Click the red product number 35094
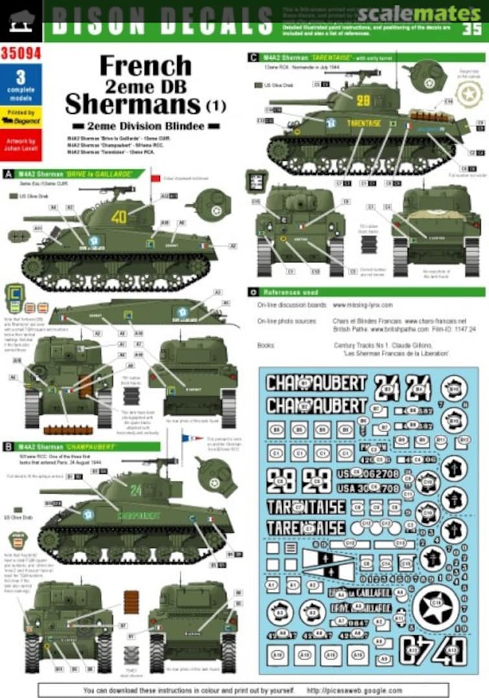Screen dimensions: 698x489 pyautogui.click(x=21, y=54)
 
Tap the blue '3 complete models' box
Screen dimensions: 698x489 pyautogui.click(x=21, y=84)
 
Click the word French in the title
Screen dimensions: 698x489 pyautogui.click(x=145, y=65)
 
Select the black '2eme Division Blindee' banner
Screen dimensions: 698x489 pyautogui.click(x=146, y=125)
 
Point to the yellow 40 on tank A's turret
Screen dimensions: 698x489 pyautogui.click(x=119, y=217)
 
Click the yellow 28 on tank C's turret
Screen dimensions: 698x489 pyautogui.click(x=364, y=100)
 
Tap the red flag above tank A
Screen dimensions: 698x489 pyautogui.click(x=155, y=178)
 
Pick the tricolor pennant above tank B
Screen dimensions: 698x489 pyautogui.click(x=191, y=439)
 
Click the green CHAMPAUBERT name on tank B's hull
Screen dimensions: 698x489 pyautogui.click(x=138, y=516)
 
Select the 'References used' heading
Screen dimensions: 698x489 pyautogui.click(x=291, y=293)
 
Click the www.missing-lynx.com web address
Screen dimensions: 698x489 pyautogui.click(x=363, y=305)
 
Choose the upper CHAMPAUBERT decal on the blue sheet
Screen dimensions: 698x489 pyautogui.click(x=316, y=383)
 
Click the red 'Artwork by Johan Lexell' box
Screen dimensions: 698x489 pyautogui.click(x=21, y=145)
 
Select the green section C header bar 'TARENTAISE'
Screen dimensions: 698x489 pyautogui.click(x=365, y=58)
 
